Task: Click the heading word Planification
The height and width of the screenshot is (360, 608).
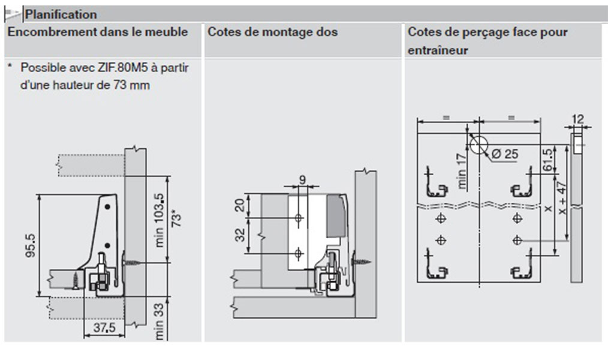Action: point(61,14)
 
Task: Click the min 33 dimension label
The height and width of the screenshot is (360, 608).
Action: point(159,322)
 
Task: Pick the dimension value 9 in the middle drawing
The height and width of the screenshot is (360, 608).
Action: point(302,178)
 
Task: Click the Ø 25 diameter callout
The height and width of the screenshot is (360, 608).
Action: point(504,154)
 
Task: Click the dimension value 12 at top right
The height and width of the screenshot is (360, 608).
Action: point(577,119)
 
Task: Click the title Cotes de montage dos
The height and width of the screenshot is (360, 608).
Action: point(272,32)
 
